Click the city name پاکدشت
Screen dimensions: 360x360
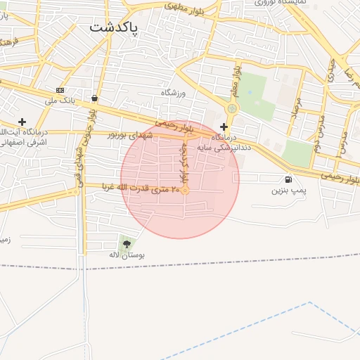(x=115, y=29)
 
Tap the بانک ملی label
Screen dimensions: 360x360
(x=60, y=101)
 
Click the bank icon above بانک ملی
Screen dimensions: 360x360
(x=60, y=90)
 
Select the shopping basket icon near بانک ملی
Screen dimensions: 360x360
(x=94, y=98)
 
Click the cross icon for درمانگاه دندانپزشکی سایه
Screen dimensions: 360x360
(x=224, y=127)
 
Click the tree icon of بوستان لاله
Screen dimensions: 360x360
(x=127, y=244)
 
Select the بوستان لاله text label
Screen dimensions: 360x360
(x=127, y=255)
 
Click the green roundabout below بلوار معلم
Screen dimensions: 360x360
(x=232, y=108)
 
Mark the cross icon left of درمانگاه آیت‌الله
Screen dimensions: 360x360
(x=22, y=122)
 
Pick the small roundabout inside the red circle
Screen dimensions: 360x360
(x=186, y=191)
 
